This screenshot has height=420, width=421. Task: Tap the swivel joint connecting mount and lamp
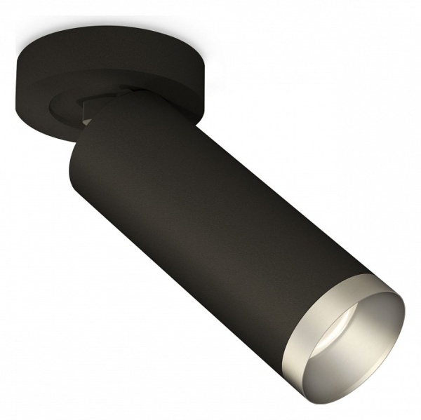click(x=105, y=105)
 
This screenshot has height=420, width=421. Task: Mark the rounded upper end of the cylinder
click(x=91, y=140)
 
